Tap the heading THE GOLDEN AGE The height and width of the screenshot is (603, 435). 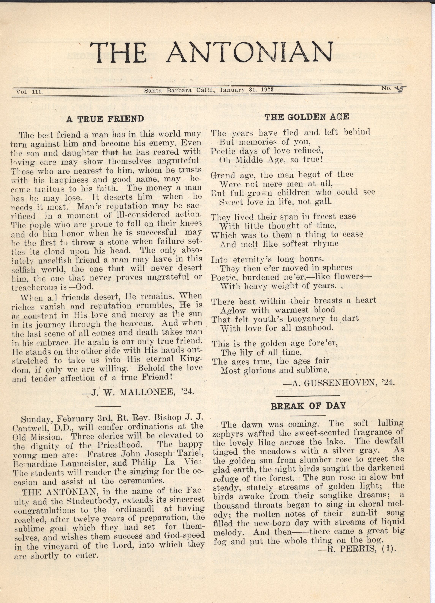(307, 117)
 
